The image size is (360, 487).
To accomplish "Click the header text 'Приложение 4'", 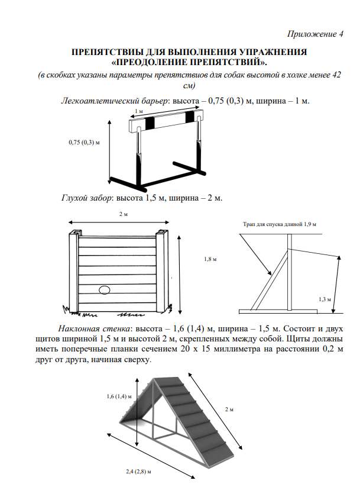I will pyautogui.click(x=315, y=34).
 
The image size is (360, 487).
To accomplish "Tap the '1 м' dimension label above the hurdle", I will pyautogui.click(x=138, y=111).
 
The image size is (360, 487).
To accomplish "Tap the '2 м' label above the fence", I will pyautogui.click(x=123, y=214).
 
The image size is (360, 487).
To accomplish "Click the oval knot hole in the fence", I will pyautogui.click(x=105, y=290).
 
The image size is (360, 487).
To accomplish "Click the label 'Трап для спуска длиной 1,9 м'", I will pyautogui.click(x=280, y=225).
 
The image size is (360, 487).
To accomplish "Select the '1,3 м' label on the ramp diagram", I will pyautogui.click(x=324, y=299).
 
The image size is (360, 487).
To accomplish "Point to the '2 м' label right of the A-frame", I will pyautogui.click(x=230, y=409).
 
